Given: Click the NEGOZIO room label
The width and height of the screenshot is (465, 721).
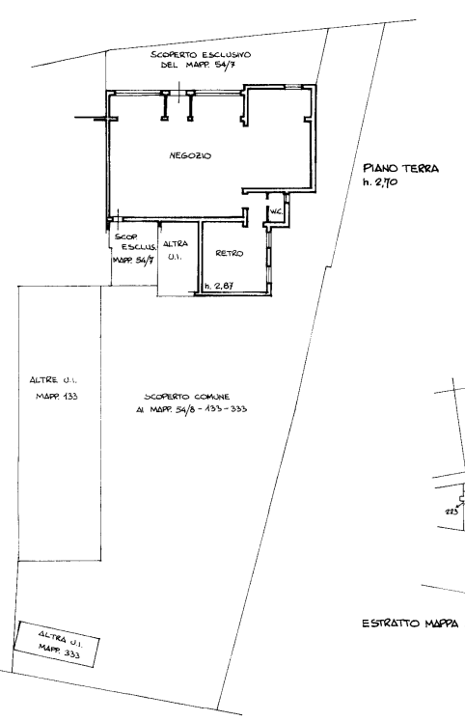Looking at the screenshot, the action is pos(190,155).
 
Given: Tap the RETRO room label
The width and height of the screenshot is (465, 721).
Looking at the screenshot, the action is pos(230,253).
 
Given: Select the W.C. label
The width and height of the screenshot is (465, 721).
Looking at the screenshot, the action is pos(276,211).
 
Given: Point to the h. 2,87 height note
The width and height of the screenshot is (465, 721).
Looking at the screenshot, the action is pos(219,286).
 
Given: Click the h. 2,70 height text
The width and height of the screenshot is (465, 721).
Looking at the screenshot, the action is pos(380,182).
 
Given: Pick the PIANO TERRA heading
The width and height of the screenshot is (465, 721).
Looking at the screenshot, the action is pos(400,168).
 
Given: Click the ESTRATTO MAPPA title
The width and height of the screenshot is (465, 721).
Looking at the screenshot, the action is pos(410,624).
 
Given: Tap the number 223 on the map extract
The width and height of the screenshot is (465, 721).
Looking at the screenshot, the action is pos(451,512).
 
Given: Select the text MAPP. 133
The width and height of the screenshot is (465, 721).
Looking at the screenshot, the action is pos(57,397).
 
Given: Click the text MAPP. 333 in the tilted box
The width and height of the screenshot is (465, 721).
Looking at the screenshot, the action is pos(59,651).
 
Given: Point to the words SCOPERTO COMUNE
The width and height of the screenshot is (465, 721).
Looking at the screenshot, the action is pos(187,397).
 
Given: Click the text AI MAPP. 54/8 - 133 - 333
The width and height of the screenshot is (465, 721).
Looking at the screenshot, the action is pos(192,409).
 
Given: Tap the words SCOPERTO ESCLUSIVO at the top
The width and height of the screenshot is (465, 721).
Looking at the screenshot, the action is pos(201,55).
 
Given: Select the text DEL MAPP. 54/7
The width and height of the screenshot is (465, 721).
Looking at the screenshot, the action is pos(199,66).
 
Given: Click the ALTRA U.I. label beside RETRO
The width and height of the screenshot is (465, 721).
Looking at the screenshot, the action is pos(175,250).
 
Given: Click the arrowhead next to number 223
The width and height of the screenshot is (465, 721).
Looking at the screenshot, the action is pos(459,505).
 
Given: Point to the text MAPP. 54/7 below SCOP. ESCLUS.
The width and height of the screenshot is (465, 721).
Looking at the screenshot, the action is pos(133,260).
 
